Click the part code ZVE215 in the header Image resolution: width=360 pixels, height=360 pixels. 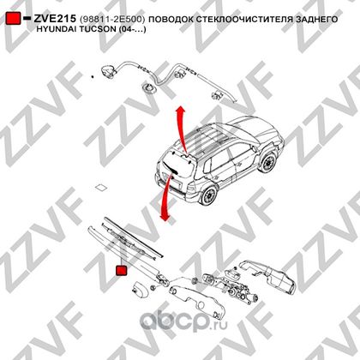[55, 19]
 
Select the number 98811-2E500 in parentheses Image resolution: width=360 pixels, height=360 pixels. [112, 19]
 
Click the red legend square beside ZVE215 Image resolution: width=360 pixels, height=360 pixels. [13, 18]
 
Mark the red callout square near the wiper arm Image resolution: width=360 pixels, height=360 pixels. [122, 270]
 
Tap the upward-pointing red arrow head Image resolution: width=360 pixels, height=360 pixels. [180, 111]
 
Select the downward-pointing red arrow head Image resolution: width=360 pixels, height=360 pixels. [165, 216]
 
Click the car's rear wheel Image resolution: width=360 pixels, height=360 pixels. [208, 195]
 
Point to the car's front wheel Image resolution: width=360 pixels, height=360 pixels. [268, 163]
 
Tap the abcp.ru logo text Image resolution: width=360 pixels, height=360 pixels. [183, 322]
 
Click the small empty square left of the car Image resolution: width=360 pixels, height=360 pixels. [101, 188]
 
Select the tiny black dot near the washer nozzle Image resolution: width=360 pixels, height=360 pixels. [92, 76]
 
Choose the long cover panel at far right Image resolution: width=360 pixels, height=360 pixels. [268, 276]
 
